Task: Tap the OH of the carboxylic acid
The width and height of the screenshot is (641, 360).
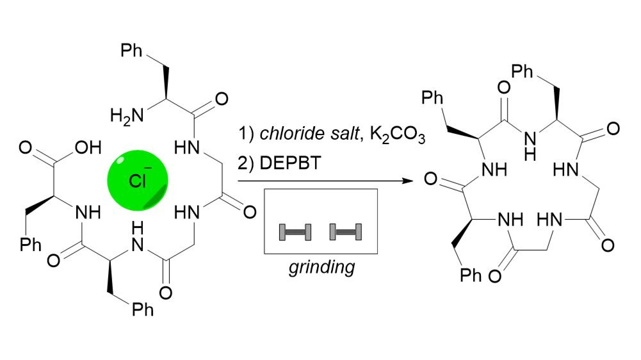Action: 88,149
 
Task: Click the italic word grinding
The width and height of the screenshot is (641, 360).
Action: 320,267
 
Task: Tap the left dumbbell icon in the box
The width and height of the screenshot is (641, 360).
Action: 295,232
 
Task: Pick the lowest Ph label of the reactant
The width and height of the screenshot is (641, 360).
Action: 143,310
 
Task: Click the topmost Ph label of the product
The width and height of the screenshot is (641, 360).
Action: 523,70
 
